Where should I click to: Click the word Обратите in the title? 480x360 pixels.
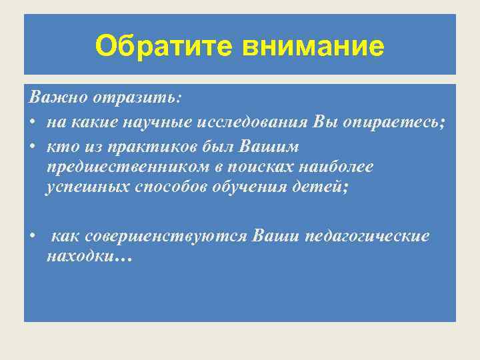tap(166, 46)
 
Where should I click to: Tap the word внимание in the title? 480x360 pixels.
tap(314, 46)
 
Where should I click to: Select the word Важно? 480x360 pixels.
tap(50, 97)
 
